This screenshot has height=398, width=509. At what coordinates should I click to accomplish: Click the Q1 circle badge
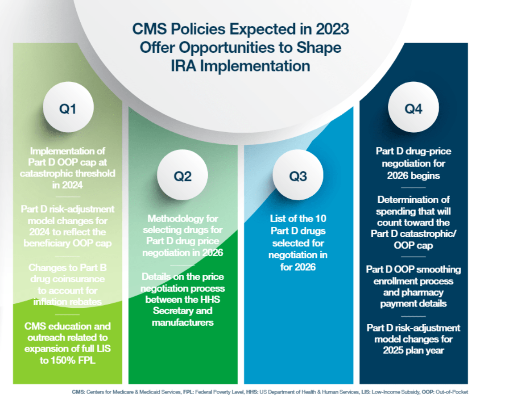coord(68,109)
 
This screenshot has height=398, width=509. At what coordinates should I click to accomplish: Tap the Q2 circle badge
coord(182,176)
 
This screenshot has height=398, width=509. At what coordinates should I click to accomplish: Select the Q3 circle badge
coord(298,176)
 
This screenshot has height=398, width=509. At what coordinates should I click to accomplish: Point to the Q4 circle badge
coord(413,109)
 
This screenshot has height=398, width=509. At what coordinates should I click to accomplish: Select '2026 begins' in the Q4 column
coord(413,176)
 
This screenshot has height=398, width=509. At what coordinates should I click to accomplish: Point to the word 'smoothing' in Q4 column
coord(437,269)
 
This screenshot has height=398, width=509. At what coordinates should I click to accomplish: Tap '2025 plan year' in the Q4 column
coord(413,350)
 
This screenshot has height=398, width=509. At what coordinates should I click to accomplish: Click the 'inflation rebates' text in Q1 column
coord(67,302)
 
